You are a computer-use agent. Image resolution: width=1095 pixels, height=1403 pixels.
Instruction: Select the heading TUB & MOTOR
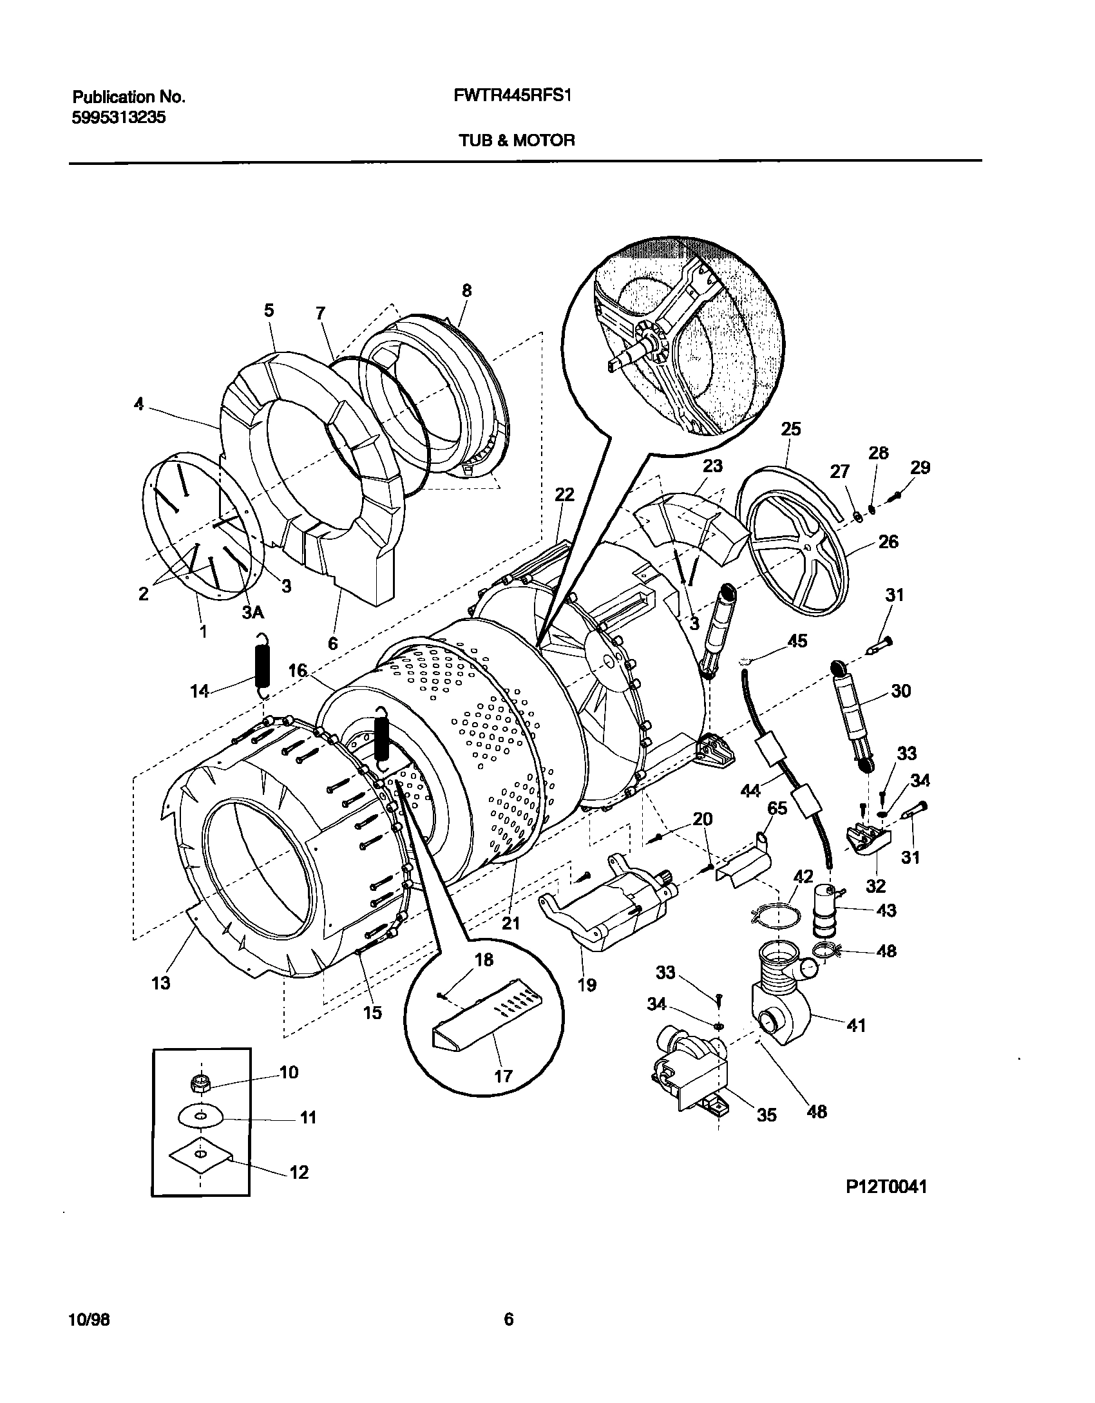pos(517,140)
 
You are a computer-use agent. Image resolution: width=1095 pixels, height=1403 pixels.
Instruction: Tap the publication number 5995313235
pos(119,118)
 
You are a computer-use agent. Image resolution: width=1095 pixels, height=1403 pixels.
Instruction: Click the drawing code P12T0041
pos(886,1186)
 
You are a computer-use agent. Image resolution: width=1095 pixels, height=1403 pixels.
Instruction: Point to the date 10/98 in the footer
pos(89,1320)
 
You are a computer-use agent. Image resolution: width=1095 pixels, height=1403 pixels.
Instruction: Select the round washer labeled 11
pos(200,1117)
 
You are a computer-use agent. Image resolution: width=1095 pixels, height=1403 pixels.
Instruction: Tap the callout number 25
pos(791,429)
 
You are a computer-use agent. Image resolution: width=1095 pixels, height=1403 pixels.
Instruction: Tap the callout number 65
pos(777,808)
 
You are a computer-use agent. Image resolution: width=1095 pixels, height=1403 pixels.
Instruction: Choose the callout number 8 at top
pos(466,291)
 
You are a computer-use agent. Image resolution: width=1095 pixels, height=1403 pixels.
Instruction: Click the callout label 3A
pos(253,613)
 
